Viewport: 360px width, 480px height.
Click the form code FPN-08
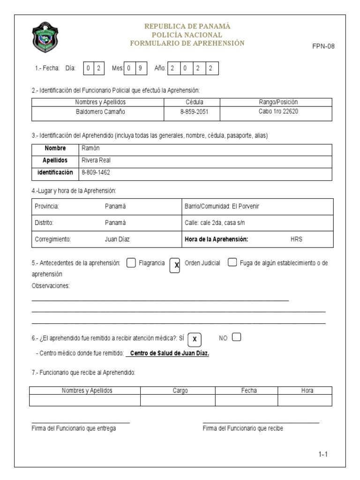click(323, 46)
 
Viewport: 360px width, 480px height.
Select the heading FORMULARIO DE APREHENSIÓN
click(187, 43)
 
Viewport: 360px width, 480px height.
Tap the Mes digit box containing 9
click(140, 68)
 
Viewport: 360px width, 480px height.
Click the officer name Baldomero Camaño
click(100, 112)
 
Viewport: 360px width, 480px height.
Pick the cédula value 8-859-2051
click(185, 112)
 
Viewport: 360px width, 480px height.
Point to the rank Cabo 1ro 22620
click(278, 112)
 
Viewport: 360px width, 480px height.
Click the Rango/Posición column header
click(278, 102)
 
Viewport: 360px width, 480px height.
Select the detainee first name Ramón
click(90, 149)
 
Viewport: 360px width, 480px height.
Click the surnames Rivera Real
click(96, 160)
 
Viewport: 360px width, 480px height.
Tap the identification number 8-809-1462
click(96, 172)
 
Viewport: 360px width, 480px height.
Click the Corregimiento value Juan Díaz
click(117, 239)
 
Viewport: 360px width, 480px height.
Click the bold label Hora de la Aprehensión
click(217, 239)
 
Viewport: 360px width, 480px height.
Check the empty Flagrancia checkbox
click(131, 263)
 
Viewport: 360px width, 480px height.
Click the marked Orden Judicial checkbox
click(175, 265)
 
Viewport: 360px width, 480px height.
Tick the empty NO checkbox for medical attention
click(236, 337)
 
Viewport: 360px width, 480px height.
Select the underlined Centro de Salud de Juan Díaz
click(169, 353)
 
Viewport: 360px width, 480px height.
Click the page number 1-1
click(322, 454)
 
